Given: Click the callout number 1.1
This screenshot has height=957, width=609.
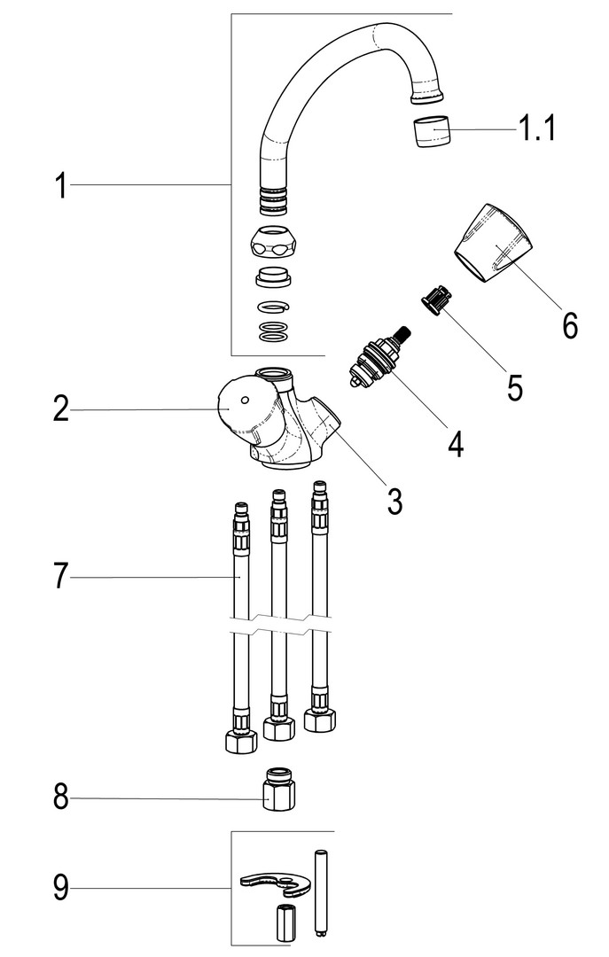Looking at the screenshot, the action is (537, 128).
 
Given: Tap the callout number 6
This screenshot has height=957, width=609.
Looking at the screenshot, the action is (569, 325).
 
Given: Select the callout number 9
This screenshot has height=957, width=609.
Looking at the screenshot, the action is (60, 887).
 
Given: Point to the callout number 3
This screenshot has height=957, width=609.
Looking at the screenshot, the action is (395, 501).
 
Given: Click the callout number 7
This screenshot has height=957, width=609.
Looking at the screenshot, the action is (60, 576).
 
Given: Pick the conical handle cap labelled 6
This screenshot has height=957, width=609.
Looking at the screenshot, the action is (493, 242).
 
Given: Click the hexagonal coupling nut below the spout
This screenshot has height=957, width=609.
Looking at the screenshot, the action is (272, 244).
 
